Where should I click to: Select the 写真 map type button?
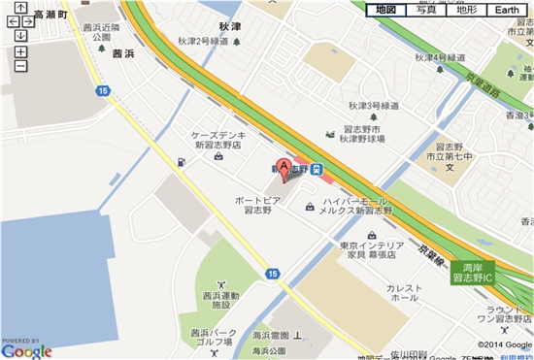pos(419,10)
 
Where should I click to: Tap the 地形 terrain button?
pos(466,10)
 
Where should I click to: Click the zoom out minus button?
pos(20,66)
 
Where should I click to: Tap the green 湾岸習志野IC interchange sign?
pos(472,273)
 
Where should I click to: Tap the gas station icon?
pos(181,161)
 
